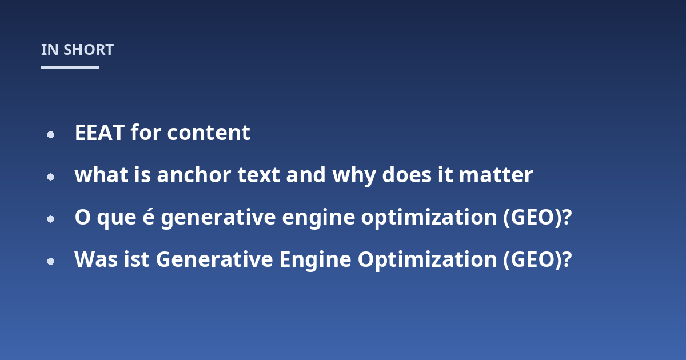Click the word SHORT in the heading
(89, 50)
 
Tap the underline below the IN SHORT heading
(70, 67)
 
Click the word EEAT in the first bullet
(99, 133)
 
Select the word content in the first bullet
(209, 133)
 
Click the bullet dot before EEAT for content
(50, 135)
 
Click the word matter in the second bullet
(496, 175)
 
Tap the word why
(354, 176)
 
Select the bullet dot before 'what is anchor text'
(50, 177)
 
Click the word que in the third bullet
(117, 218)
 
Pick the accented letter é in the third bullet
(149, 217)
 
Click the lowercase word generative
(218, 218)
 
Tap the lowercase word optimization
(429, 218)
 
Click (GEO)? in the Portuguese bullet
(537, 218)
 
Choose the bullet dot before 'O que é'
(50, 219)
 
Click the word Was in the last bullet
(96, 259)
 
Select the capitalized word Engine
(315, 261)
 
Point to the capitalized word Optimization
(427, 261)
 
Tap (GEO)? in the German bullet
(537, 260)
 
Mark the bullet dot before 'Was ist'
(50, 262)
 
